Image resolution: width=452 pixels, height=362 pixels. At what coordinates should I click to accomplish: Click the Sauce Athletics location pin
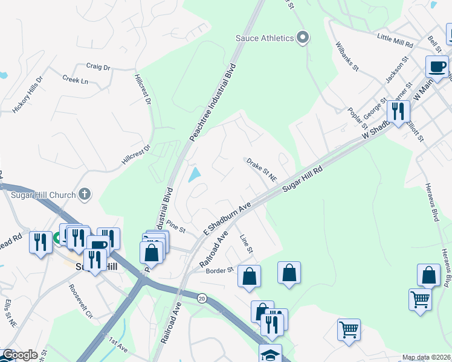pyautogui.click(x=303, y=38)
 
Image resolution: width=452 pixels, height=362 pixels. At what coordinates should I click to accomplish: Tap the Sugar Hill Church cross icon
pyautogui.click(x=85, y=194)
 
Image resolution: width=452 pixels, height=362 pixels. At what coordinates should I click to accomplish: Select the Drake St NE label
pyautogui.click(x=261, y=170)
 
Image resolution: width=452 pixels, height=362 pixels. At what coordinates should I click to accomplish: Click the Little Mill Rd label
pyautogui.click(x=395, y=41)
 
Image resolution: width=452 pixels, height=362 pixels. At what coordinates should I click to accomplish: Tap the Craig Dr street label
pyautogui.click(x=98, y=67)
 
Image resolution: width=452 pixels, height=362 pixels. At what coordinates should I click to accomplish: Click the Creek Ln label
pyautogui.click(x=75, y=80)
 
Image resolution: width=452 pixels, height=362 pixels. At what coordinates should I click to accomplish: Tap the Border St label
pyautogui.click(x=219, y=270)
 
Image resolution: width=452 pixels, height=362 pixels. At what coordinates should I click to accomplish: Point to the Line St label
pyautogui.click(x=247, y=244)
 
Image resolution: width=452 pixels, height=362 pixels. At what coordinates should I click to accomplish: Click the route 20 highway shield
pyautogui.click(x=202, y=297)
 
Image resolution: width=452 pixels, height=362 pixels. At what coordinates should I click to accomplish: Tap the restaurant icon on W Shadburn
pyautogui.click(x=398, y=111)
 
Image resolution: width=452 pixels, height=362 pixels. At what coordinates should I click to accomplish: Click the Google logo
pyautogui.click(x=20, y=355)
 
